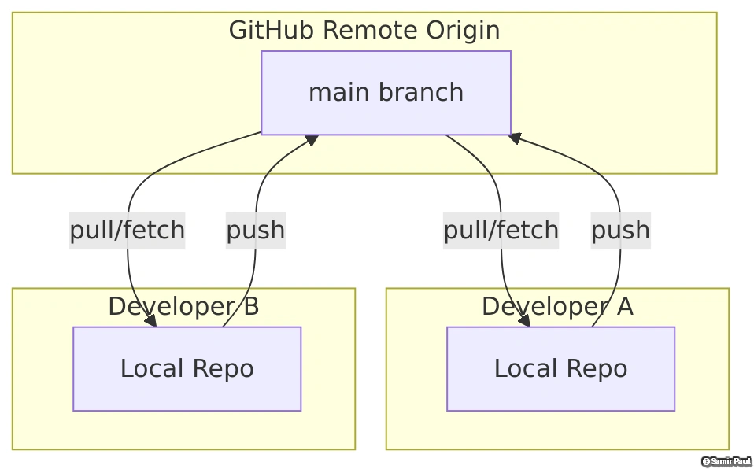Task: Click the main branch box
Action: [x=386, y=93]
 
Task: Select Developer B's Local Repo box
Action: [x=187, y=368]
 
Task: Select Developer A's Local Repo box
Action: [x=560, y=368]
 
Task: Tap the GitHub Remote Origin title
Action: [x=364, y=31]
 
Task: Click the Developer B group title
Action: [x=183, y=306]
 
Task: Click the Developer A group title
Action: [x=557, y=306]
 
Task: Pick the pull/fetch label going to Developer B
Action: [x=128, y=231]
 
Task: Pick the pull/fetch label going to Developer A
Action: [x=501, y=231]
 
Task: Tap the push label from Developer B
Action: [x=255, y=231]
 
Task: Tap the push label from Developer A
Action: [x=620, y=231]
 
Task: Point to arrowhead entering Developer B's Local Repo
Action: [x=150, y=320]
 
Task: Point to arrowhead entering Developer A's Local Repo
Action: [x=524, y=320]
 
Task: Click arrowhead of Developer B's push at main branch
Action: [x=312, y=140]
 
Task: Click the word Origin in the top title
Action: [x=464, y=31]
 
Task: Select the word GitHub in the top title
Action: [x=272, y=31]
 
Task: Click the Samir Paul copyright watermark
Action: [x=726, y=461]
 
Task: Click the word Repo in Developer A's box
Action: [x=601, y=368]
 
